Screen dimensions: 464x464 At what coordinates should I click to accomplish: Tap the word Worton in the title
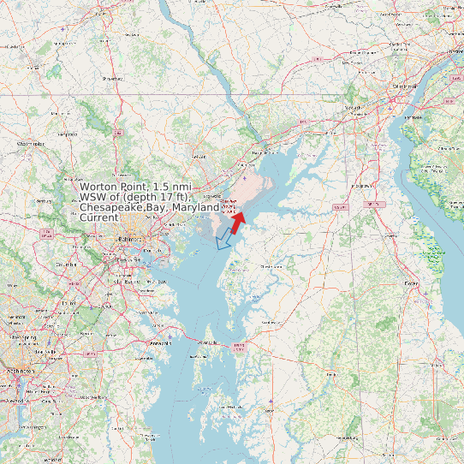(101, 187)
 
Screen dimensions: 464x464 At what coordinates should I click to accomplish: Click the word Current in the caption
(98, 217)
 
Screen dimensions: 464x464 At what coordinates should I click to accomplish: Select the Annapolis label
(160, 342)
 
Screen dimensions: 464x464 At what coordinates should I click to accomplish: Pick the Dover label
(412, 283)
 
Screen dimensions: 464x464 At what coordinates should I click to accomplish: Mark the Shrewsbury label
(111, 78)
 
